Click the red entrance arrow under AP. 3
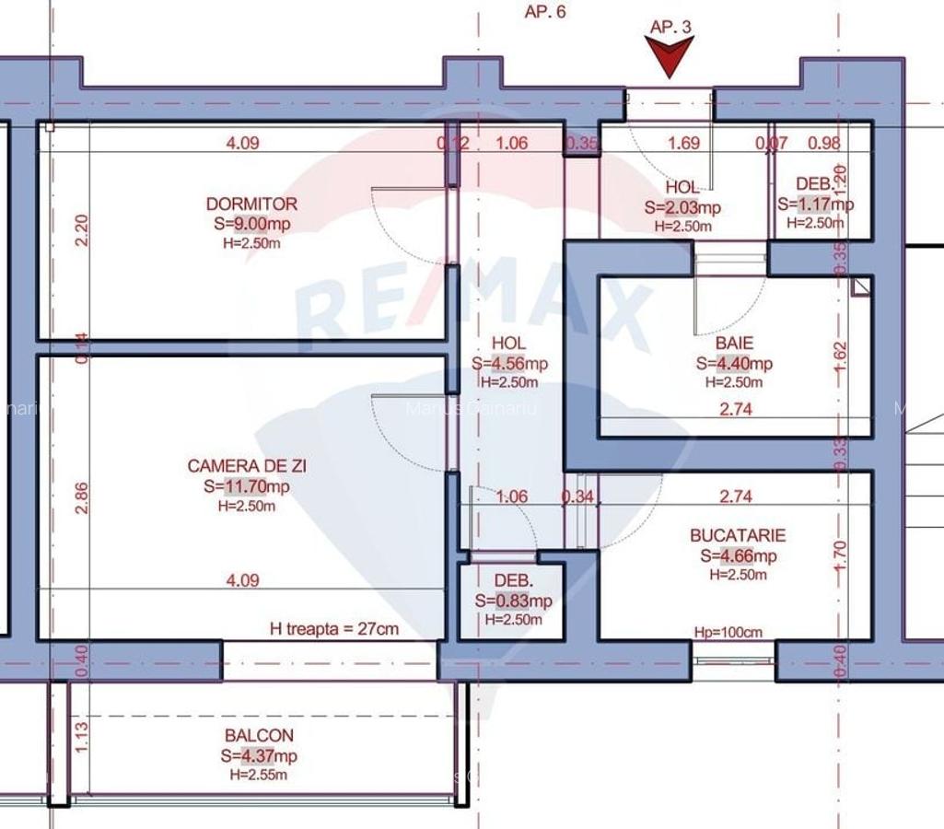[670, 57]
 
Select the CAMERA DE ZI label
[247, 467]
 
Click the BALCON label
[259, 736]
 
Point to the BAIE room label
[733, 344]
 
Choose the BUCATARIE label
[738, 535]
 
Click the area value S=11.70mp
[247, 487]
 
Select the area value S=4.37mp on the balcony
[259, 756]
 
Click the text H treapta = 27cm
[334, 629]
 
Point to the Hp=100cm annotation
[728, 632]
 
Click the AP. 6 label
[545, 12]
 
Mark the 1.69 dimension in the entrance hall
[683, 143]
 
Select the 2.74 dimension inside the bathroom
[735, 410]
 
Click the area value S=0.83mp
[513, 601]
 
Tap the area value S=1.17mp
[815, 204]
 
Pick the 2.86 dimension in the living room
[81, 497]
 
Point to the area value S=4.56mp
[509, 364]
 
